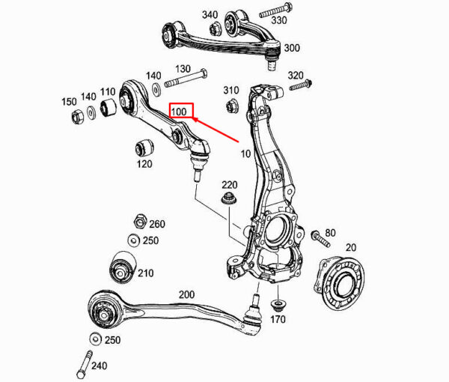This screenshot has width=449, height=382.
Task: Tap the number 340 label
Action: [210, 14]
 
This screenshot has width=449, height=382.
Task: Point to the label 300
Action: [291, 48]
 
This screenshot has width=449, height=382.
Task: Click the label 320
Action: [296, 76]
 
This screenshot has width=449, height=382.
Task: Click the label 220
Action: [229, 185]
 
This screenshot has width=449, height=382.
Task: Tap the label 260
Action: [156, 223]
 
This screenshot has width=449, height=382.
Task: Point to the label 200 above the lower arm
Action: [186, 296]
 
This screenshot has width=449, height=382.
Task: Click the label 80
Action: [330, 233]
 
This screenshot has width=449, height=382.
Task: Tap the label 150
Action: [69, 101]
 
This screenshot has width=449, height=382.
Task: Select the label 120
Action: [144, 164]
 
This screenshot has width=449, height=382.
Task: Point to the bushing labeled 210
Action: [121, 267]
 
